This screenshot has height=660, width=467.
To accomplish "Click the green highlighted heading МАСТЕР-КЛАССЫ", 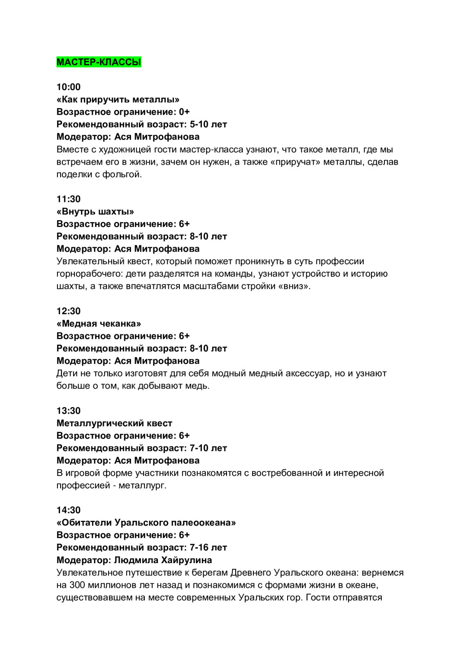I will point(99,62).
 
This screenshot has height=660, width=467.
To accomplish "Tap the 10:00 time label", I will point(68,87).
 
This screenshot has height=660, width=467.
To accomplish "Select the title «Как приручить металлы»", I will point(118,99).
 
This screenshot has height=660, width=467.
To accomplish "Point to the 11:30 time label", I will point(68,199).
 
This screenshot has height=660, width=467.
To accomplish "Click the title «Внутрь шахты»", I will point(95,211).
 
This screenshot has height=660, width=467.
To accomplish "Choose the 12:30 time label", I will point(68,311).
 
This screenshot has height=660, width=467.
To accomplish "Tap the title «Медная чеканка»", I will point(99,323).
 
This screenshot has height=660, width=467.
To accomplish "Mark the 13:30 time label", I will point(68,411).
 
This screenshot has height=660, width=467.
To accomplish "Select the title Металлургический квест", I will point(114,423).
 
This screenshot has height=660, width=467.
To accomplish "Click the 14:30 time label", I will point(68,510).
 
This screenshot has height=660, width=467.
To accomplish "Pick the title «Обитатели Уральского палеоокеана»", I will point(146,523).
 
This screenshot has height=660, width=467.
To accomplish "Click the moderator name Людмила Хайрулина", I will point(163,560).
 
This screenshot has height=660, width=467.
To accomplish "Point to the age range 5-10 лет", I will point(208,124).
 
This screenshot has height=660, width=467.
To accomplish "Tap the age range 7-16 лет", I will point(208,548).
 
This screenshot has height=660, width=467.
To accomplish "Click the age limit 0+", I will point(184,112).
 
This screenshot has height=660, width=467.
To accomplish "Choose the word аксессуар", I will point(307,373).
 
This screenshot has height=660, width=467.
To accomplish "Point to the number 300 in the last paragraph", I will point(77,585).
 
